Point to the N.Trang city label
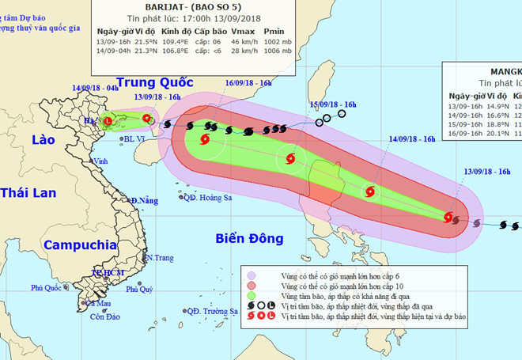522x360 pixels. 158,258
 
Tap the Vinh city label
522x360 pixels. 100,161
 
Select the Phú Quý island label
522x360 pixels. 139,290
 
